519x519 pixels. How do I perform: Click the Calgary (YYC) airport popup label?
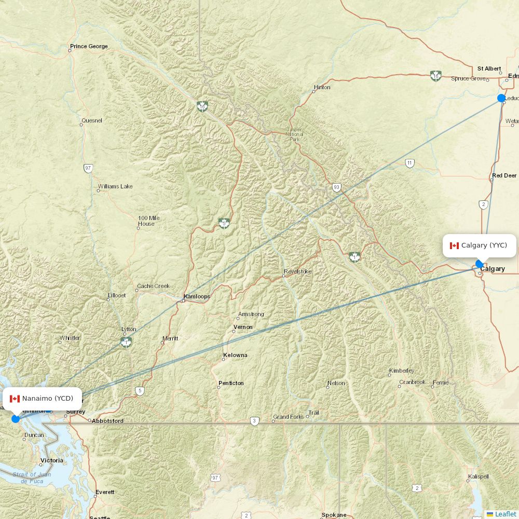(479, 245)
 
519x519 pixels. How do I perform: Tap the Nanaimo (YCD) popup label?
(42, 399)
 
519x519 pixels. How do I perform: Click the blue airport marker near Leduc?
(501, 98)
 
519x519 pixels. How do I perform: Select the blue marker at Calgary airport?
(480, 264)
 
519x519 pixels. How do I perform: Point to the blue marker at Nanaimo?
(16, 418)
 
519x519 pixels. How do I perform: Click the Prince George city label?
(89, 47)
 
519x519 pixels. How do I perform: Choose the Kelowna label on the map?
(235, 356)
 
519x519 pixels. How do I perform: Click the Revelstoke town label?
(298, 272)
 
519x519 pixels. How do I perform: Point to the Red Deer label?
(504, 176)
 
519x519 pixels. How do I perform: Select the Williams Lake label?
(115, 186)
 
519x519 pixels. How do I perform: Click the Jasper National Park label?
(294, 135)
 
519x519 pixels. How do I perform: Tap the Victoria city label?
(52, 460)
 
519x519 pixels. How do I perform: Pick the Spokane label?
(334, 515)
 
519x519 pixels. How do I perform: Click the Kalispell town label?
(479, 476)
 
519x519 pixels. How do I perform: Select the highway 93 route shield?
(337, 187)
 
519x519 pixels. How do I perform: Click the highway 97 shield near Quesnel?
(88, 168)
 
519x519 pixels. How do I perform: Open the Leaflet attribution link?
(505, 514)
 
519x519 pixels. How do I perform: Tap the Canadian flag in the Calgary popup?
(454, 245)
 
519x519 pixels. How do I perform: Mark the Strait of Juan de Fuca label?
(32, 477)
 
